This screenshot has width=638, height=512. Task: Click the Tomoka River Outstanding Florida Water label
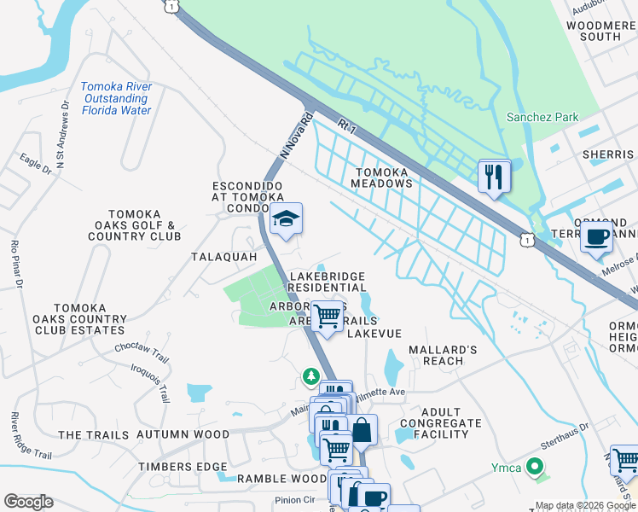116,98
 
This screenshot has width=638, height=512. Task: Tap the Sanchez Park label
542,118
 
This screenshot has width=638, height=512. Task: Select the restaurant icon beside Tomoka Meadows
494,177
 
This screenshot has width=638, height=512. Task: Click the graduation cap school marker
287,220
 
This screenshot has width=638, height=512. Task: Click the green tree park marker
311,375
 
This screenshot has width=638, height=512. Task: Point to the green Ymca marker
534,467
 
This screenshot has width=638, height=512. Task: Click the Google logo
28,502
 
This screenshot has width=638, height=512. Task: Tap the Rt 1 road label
345,125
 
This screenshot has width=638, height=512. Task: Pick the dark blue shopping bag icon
362,429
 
